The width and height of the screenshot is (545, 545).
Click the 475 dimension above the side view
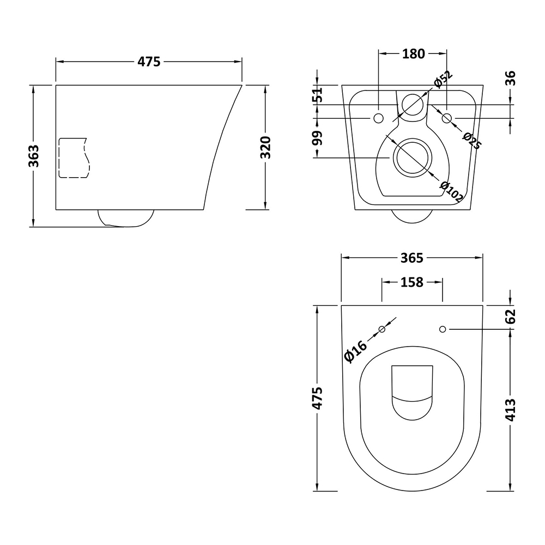(149, 62)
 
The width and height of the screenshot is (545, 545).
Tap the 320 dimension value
(265, 147)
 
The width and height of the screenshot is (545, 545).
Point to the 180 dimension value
(413, 53)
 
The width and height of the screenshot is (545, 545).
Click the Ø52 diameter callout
(443, 79)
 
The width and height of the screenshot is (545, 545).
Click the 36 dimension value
(510, 78)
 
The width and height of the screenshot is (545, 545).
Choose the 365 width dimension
(412, 257)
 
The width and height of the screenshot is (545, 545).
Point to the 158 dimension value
(411, 282)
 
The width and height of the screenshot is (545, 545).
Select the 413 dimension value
(510, 410)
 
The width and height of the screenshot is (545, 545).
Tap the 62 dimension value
(510, 316)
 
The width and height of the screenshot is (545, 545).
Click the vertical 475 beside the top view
(317, 398)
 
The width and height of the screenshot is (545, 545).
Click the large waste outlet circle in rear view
(413, 158)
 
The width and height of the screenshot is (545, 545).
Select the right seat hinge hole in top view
(443, 329)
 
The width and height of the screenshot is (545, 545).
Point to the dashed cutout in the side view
(73, 158)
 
